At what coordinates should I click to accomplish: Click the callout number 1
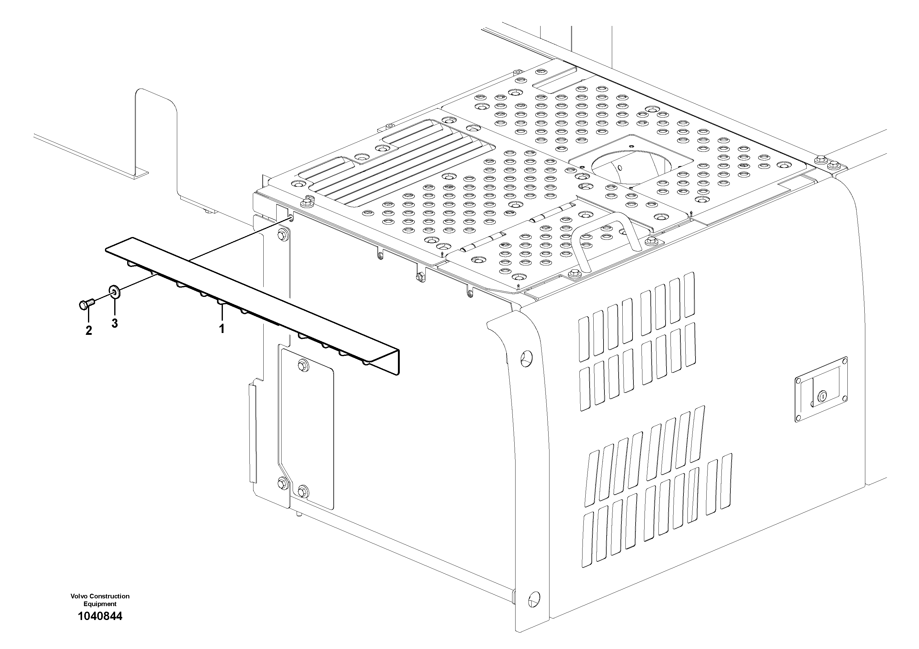(221, 329)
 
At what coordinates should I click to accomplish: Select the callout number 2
(89, 331)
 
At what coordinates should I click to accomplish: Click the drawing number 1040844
(100, 616)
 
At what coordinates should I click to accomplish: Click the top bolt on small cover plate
(303, 364)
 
